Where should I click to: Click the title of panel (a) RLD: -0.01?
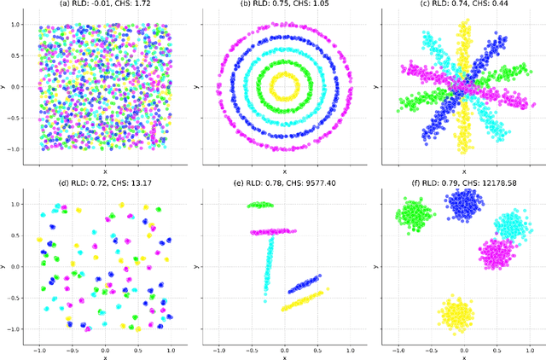[104, 4]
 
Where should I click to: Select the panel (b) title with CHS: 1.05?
[283, 4]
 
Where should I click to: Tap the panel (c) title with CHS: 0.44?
[462, 4]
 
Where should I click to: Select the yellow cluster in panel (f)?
[456, 312]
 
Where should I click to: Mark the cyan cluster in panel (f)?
[511, 227]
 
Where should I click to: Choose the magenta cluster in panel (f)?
[495, 253]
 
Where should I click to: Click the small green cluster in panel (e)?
[260, 205]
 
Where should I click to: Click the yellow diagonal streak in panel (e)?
[304, 299]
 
